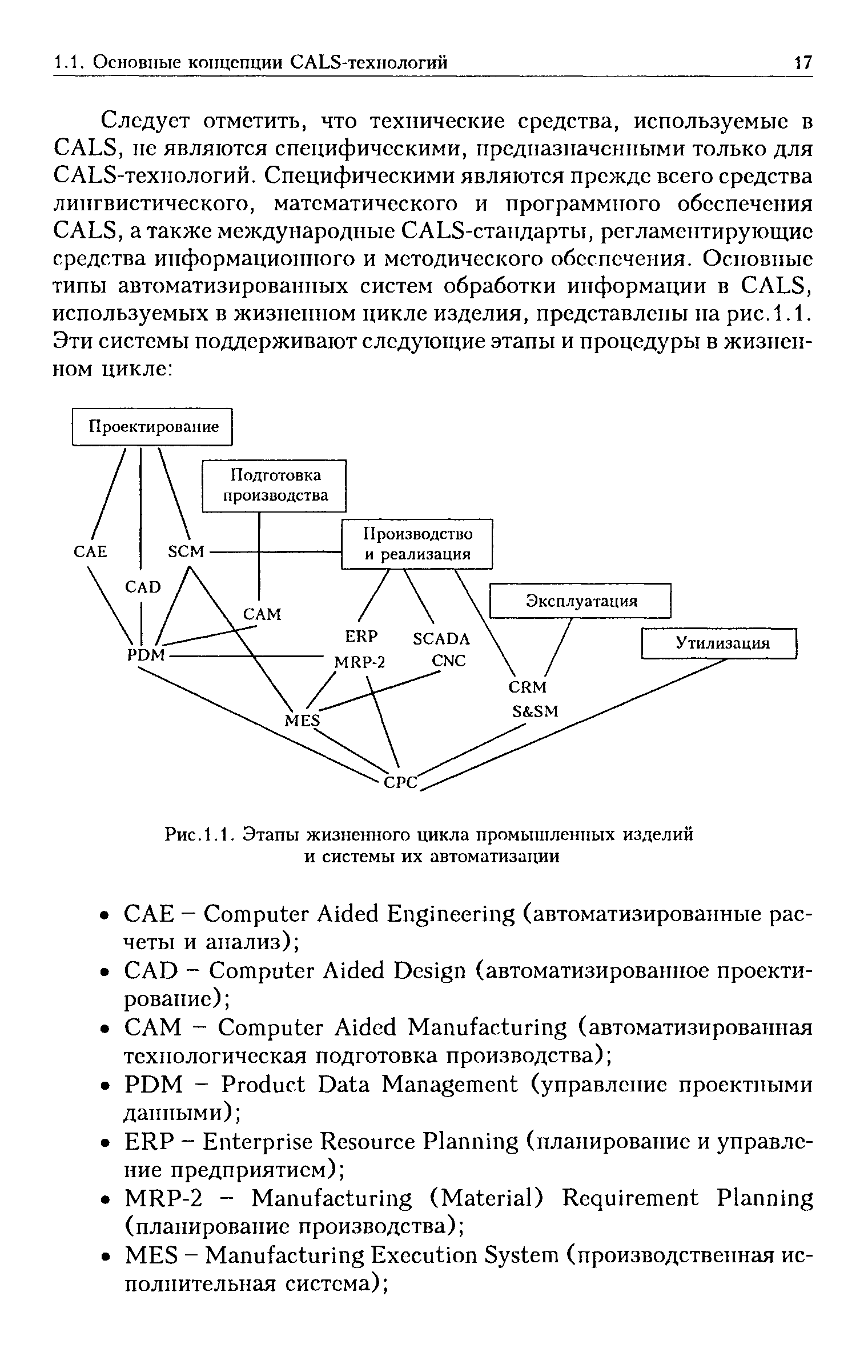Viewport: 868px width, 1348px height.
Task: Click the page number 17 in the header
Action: [x=802, y=62]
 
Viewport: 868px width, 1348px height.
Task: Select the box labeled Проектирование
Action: [x=153, y=427]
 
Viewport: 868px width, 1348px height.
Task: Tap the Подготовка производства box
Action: [x=275, y=485]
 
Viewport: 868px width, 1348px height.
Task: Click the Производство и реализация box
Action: [x=417, y=543]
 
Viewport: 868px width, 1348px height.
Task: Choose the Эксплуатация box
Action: [x=580, y=601]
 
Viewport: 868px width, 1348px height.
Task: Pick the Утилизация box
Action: [x=719, y=643]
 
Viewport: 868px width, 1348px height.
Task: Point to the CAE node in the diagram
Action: [x=91, y=551]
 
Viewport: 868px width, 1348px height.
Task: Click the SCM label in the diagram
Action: [x=186, y=551]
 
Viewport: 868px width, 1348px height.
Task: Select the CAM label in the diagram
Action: [x=263, y=614]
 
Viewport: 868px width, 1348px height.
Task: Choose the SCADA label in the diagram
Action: [x=441, y=638]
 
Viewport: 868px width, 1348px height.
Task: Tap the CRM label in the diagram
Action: [x=527, y=686]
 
